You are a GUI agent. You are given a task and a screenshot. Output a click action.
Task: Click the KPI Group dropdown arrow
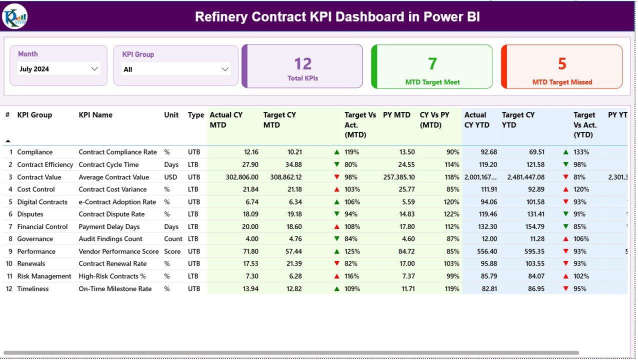pyautogui.click(x=225, y=69)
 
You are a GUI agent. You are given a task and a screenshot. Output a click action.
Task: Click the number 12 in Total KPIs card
pyautogui.click(x=302, y=64)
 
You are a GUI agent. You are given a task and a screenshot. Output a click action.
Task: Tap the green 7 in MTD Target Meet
pyautogui.click(x=432, y=64)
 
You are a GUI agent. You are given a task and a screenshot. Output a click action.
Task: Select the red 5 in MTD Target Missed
pyautogui.click(x=562, y=64)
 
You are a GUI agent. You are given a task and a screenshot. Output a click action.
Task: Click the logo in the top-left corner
pyautogui.click(x=15, y=16)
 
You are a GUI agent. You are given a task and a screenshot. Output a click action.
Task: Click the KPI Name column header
pyautogui.click(x=95, y=115)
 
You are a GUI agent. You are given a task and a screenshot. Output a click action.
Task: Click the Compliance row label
pyautogui.click(x=34, y=152)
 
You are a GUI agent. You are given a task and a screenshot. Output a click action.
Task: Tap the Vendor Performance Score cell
pyautogui.click(x=118, y=251)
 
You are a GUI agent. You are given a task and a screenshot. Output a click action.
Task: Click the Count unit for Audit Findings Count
pyautogui.click(x=173, y=239)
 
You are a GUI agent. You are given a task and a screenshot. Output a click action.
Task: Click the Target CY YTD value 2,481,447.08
pyautogui.click(x=525, y=177)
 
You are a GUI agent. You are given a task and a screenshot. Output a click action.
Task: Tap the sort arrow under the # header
pyautogui.click(x=8, y=141)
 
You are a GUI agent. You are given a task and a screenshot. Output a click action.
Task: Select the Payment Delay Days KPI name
pyautogui.click(x=109, y=226)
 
